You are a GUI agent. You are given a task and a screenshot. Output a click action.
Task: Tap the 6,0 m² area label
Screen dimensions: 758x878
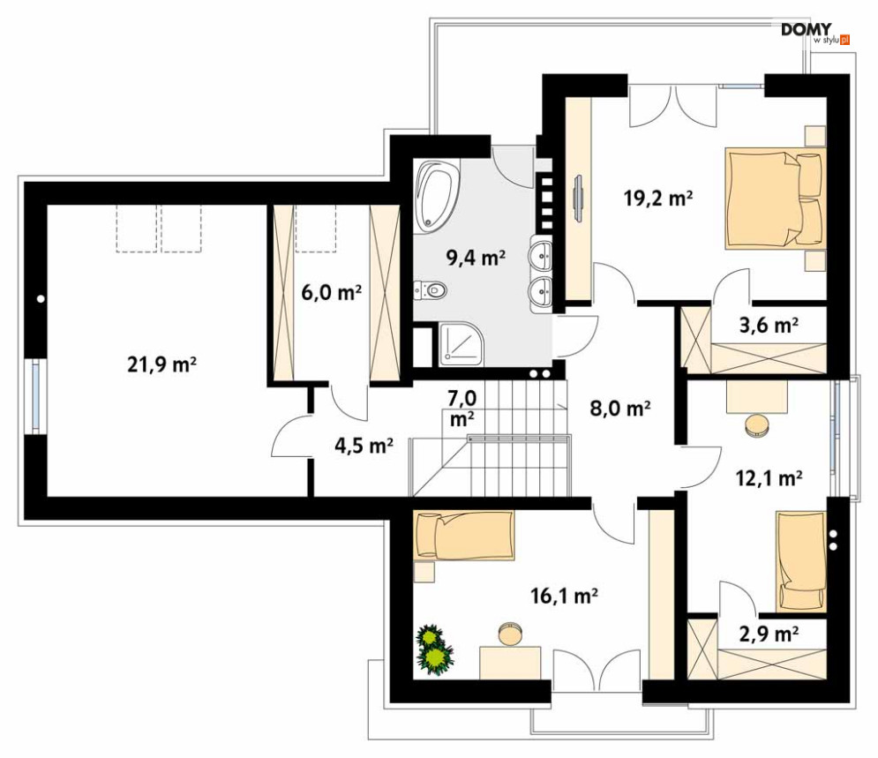(331, 293)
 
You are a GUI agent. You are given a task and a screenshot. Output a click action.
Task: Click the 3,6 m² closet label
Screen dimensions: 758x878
(768, 326)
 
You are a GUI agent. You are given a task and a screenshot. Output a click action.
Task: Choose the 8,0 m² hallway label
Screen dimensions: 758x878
(620, 408)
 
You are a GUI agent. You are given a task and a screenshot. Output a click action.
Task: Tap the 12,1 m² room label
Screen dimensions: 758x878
(769, 478)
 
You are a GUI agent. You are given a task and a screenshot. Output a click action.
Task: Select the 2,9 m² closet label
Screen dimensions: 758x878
(769, 633)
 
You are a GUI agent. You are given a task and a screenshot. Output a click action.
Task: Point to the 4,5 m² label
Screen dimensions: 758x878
(362, 446)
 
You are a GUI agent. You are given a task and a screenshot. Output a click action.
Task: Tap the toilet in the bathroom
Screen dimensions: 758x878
(430, 289)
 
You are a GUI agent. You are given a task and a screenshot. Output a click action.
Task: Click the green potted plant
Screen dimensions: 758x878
(434, 649)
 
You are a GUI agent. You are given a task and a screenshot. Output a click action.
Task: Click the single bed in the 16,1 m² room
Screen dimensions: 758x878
(464, 536)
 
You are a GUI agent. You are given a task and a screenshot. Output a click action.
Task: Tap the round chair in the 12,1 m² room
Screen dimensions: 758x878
(757, 426)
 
